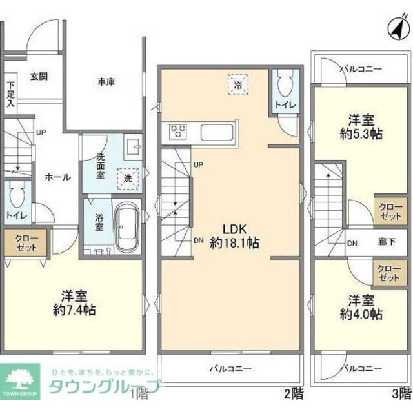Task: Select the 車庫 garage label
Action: coord(107,83)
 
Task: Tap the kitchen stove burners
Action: coord(179,132)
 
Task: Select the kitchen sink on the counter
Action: coord(219,132)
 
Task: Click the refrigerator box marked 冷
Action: coord(237,84)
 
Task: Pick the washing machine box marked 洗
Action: coord(128,179)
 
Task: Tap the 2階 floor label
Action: coord(292,391)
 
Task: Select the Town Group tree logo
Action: coord(19,380)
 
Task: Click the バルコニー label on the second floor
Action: coord(230,369)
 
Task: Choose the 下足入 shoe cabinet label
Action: coord(11,93)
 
